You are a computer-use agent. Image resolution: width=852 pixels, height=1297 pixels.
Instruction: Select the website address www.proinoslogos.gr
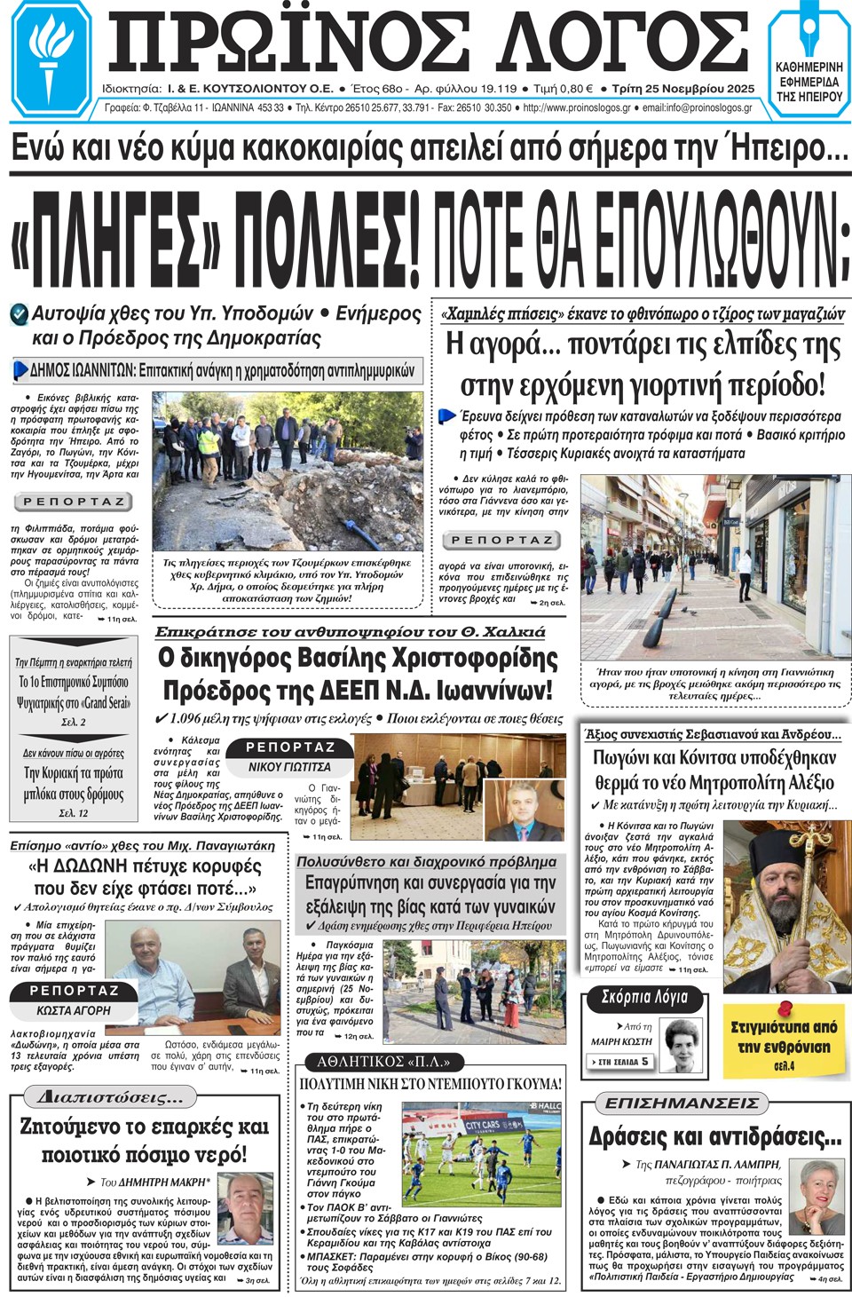[577, 108]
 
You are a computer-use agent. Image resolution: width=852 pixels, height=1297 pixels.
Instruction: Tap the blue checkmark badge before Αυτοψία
[19, 314]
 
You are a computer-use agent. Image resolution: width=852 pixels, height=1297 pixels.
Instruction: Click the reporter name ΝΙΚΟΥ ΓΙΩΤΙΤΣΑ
[289, 767]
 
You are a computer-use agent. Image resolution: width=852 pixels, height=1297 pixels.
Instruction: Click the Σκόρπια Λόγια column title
[644, 997]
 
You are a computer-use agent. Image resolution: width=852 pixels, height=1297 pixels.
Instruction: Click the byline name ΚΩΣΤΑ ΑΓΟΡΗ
[74, 1010]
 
